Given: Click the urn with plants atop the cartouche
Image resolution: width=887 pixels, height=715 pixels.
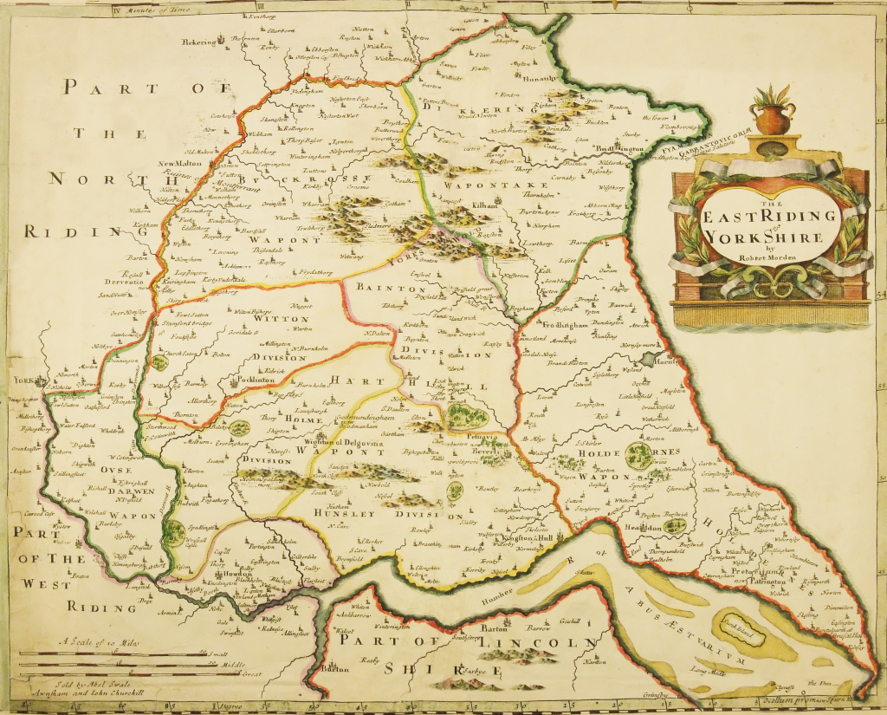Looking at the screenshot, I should click(773, 110).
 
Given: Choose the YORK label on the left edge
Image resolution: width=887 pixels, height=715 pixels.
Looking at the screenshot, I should click(22, 380).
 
